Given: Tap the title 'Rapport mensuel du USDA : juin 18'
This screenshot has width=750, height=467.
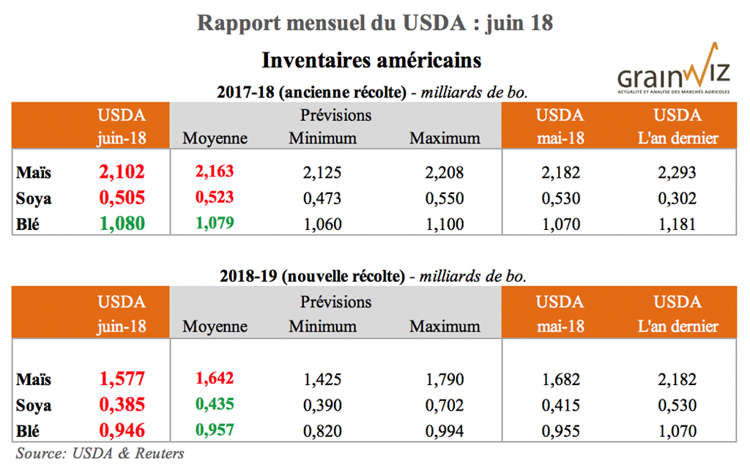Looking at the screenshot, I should (374, 23).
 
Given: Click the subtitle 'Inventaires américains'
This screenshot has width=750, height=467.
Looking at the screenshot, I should (371, 58).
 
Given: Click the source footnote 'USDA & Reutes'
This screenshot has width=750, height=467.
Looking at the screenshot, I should (100, 453).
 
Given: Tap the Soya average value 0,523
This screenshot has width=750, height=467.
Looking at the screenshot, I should (214, 198).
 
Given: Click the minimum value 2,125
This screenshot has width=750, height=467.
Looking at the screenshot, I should (322, 173).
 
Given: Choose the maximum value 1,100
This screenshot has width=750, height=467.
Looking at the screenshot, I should (444, 224).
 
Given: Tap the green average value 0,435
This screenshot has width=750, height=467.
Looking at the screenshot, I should (214, 405).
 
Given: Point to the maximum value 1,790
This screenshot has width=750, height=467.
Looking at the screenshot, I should (444, 380).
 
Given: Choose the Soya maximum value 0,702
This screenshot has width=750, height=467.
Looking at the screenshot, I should (444, 406).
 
